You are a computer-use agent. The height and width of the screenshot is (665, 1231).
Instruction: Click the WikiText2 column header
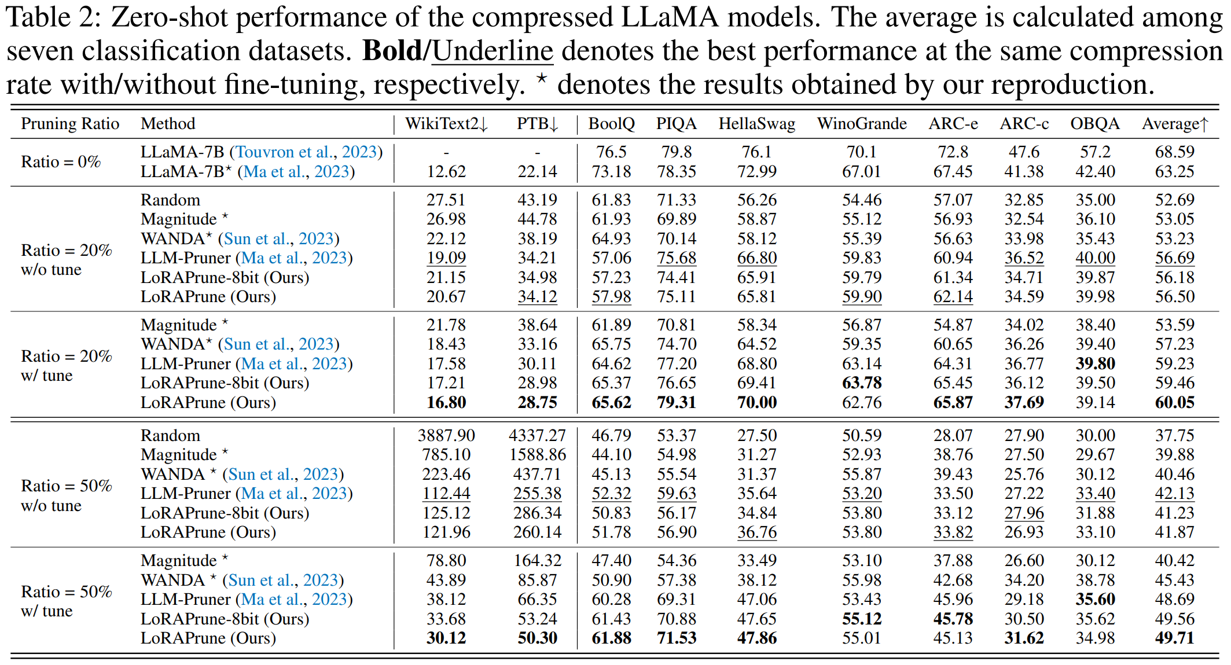(x=446, y=124)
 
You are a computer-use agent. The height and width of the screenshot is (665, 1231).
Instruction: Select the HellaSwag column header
(x=756, y=124)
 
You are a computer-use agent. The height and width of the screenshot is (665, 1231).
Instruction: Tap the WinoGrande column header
(x=861, y=124)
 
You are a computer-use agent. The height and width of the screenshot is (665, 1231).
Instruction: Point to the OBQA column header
(x=1094, y=124)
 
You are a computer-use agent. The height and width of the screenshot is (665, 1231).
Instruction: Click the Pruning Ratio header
(x=70, y=124)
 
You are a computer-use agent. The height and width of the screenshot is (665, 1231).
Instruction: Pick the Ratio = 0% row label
(x=61, y=161)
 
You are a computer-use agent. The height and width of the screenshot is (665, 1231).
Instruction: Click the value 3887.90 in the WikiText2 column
(x=446, y=435)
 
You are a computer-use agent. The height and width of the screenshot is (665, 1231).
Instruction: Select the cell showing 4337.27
(x=537, y=435)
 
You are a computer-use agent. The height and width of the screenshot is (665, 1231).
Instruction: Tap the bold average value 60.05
(x=1174, y=402)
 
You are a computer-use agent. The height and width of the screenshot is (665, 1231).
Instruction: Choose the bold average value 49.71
(x=1174, y=638)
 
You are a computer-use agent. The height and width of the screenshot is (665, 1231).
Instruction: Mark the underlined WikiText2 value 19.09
(x=446, y=258)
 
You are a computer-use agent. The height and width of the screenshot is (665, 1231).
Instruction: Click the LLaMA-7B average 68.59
(x=1174, y=152)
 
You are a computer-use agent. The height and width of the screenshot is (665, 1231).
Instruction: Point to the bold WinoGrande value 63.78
(x=862, y=383)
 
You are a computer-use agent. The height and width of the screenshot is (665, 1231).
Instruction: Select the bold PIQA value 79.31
(x=677, y=402)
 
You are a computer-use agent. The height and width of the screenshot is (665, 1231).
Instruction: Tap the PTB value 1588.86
(x=537, y=454)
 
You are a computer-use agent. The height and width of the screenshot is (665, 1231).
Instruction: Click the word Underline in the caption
(x=493, y=51)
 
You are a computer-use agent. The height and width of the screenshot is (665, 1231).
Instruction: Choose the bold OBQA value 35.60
(x=1095, y=599)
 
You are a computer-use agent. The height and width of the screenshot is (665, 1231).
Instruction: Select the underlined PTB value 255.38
(x=537, y=493)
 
